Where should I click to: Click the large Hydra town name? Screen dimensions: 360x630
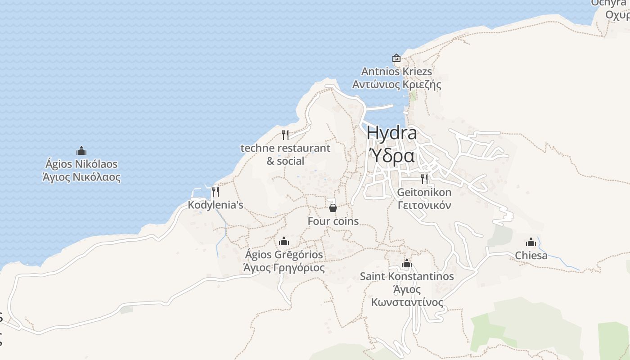click(x=391, y=133)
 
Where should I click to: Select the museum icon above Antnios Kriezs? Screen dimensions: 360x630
click(x=396, y=58)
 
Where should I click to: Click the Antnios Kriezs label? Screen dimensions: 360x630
click(x=396, y=72)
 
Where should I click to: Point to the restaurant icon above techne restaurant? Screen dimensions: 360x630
click(x=285, y=135)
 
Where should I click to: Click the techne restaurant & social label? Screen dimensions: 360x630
click(x=285, y=154)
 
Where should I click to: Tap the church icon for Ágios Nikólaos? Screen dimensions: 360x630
click(x=81, y=151)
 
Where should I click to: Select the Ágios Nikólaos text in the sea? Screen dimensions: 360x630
click(x=81, y=164)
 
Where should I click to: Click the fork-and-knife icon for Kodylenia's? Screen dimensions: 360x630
click(x=216, y=192)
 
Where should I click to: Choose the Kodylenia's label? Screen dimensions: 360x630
click(x=216, y=205)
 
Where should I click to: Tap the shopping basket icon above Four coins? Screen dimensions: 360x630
click(x=333, y=207)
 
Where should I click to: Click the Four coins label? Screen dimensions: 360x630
click(x=333, y=221)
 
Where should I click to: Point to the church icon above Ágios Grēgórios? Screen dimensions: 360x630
click(x=283, y=241)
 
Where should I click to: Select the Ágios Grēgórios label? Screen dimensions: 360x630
click(x=283, y=255)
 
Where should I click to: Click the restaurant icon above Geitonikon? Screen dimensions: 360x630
click(x=424, y=179)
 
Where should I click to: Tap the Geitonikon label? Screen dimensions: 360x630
click(x=424, y=193)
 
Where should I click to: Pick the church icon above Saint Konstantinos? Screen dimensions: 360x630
click(x=407, y=263)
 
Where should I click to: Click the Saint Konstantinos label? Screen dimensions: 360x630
click(x=407, y=276)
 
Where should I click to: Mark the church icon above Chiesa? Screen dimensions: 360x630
click(x=531, y=243)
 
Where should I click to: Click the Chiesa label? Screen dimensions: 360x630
click(x=531, y=256)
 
